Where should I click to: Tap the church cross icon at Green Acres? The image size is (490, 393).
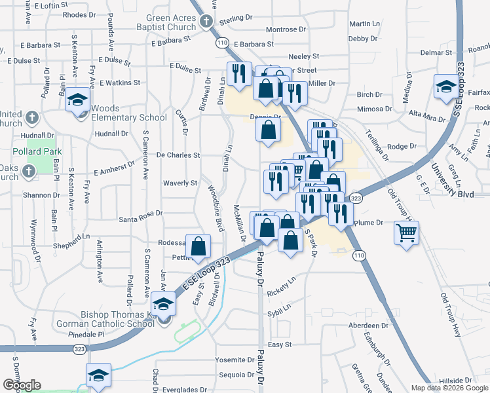point(206,22)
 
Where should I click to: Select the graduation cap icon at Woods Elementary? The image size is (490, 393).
point(78,100)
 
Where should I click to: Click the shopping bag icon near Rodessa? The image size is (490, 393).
point(198,246)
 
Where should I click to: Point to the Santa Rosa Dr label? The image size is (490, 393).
point(140,212)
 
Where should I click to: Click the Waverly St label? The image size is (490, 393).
point(180,183)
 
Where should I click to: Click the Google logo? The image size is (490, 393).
point(22,385)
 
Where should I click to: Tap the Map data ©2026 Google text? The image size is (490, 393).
point(449,388)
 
